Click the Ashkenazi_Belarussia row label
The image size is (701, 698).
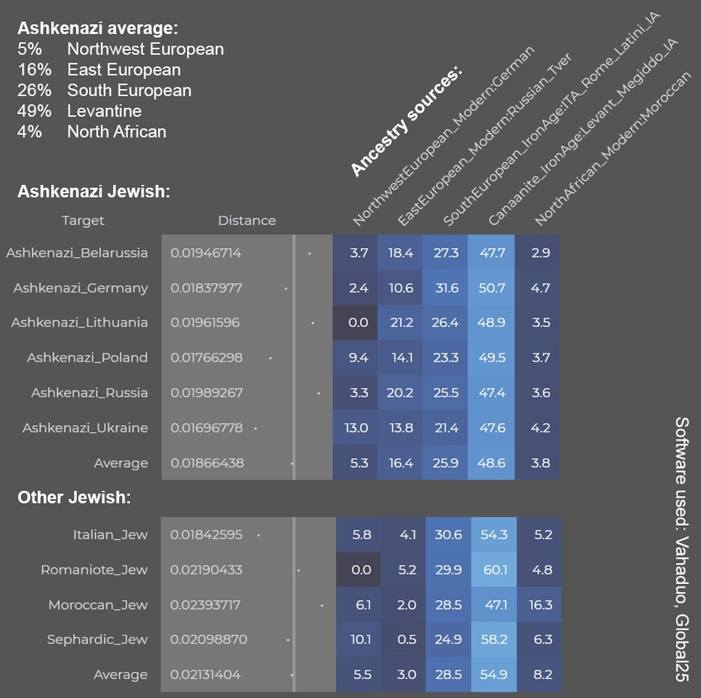pyautogui.click(x=77, y=253)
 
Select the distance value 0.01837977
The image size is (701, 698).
pyautogui.click(x=206, y=288)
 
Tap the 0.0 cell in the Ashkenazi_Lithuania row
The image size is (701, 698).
pyautogui.click(x=358, y=323)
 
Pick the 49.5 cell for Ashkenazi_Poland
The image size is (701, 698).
pyautogui.click(x=492, y=358)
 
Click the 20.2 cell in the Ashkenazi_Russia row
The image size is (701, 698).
pyautogui.click(x=400, y=393)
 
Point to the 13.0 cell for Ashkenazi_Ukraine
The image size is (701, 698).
pyautogui.click(x=356, y=428)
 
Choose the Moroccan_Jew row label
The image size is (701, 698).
pyautogui.click(x=98, y=605)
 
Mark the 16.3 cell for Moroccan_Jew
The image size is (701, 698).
pyautogui.click(x=540, y=605)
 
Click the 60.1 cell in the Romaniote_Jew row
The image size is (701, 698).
pyautogui.click(x=495, y=570)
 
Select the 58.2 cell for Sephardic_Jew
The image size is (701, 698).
pyautogui.click(x=494, y=640)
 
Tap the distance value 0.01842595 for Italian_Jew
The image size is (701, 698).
pyautogui.click(x=206, y=535)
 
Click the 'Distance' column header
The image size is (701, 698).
pyautogui.click(x=247, y=221)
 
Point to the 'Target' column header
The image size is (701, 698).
pyautogui.click(x=83, y=221)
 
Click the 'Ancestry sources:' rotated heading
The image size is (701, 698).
pyautogui.click(x=406, y=122)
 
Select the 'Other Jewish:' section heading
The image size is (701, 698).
pyautogui.click(x=74, y=497)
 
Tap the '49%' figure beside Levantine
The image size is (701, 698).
pyautogui.click(x=34, y=111)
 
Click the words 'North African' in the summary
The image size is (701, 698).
pyautogui.click(x=117, y=132)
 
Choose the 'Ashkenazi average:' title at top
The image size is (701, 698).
pyautogui.click(x=98, y=28)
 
